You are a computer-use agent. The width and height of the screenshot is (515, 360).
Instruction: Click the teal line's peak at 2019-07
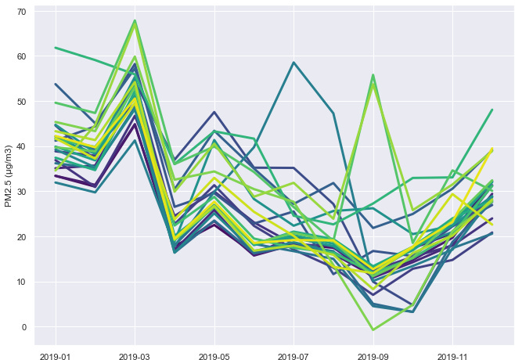(294, 63)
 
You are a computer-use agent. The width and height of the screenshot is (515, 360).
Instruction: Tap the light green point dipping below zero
(373, 330)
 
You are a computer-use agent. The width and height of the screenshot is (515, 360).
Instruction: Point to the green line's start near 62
(56, 48)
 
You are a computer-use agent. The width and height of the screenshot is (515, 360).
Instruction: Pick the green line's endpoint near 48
(492, 110)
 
